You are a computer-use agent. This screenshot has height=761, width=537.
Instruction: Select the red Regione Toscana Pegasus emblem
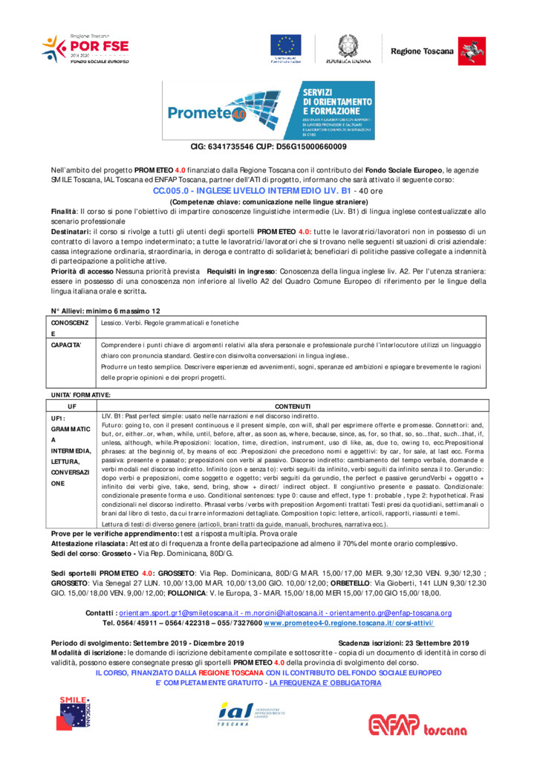[x=469, y=50]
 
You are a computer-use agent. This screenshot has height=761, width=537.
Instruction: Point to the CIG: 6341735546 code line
[x=268, y=146]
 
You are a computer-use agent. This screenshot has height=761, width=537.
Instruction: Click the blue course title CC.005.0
[x=268, y=191]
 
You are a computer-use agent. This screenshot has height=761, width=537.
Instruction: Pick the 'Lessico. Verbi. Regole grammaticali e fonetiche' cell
[x=170, y=323]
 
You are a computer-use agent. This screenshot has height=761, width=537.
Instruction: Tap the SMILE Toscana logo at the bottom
[x=76, y=711]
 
